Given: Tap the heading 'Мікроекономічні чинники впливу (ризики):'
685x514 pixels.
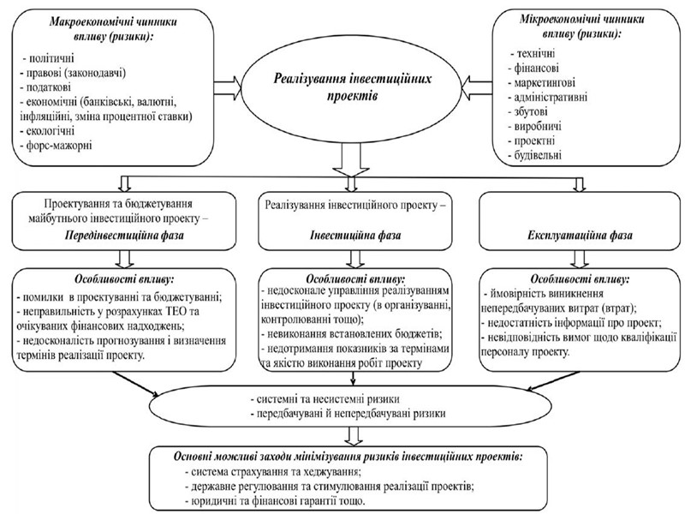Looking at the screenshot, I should click(581, 27).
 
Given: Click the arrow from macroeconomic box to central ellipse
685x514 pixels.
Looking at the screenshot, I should click(229, 86).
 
